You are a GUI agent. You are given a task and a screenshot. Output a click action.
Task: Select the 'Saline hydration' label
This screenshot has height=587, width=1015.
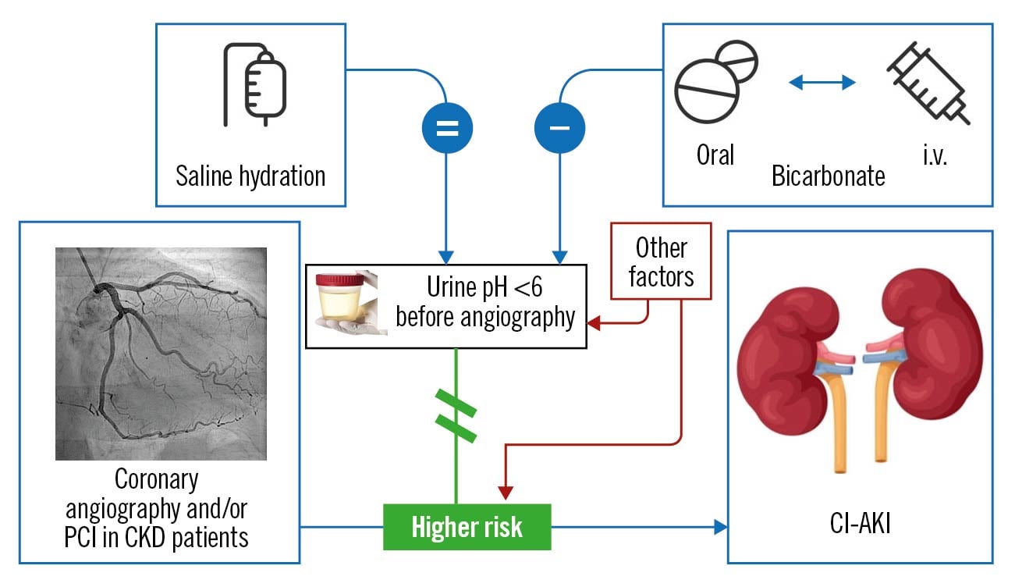tap(250, 176)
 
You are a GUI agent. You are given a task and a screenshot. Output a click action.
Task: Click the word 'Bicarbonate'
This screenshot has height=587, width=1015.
tap(829, 176)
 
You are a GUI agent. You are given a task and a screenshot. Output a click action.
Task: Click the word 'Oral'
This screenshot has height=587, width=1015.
tap(715, 155)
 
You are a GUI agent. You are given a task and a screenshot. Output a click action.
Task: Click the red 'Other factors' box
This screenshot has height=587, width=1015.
tap(662, 261)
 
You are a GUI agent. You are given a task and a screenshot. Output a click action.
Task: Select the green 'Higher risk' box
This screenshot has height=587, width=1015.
tap(467, 527)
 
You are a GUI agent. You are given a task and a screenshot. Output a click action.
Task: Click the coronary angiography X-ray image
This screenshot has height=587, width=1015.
tap(161, 354)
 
